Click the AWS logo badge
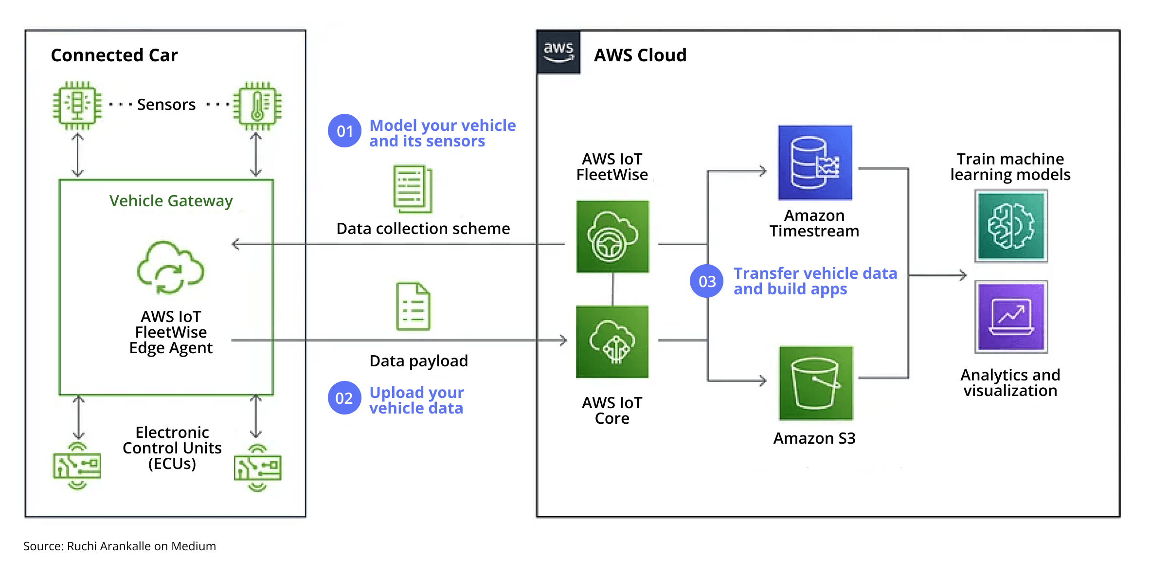pyautogui.click(x=558, y=52)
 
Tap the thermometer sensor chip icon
pyautogui.click(x=257, y=105)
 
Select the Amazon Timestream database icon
pyautogui.click(x=815, y=163)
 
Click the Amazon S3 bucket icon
pyautogui.click(x=815, y=383)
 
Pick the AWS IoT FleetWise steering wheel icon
pyautogui.click(x=612, y=236)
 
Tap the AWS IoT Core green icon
pyautogui.click(x=612, y=342)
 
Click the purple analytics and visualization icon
pyautogui.click(x=1011, y=317)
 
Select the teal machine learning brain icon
pyautogui.click(x=1011, y=226)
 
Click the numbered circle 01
pyautogui.click(x=344, y=131)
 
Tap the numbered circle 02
pyautogui.click(x=344, y=398)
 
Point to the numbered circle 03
pyautogui.click(x=706, y=281)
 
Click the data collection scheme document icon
pyautogui.click(x=413, y=189)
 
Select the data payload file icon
pyautogui.click(x=413, y=307)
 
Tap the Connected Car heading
pyautogui.click(x=114, y=55)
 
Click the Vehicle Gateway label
pyautogui.click(x=171, y=200)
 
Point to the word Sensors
pyautogui.click(x=166, y=105)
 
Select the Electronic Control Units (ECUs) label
pyautogui.click(x=172, y=448)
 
